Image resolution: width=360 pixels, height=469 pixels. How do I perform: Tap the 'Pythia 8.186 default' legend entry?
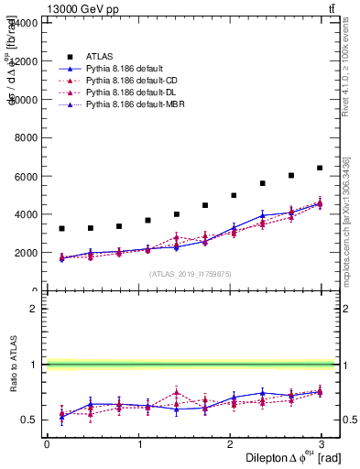pos(113,68)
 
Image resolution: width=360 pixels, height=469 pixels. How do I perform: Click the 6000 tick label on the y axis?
pos(27,176)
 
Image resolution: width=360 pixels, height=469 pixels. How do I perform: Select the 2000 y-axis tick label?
pos(27,253)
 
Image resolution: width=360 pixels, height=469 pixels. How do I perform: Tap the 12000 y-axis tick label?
pos(25,60)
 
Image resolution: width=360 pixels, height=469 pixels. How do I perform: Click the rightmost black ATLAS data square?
pos(320,168)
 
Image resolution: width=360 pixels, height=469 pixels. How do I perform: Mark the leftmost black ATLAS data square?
pos(61,228)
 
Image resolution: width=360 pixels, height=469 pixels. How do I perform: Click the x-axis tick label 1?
pos(139,443)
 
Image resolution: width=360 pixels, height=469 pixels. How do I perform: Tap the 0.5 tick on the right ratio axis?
pos(348,420)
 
